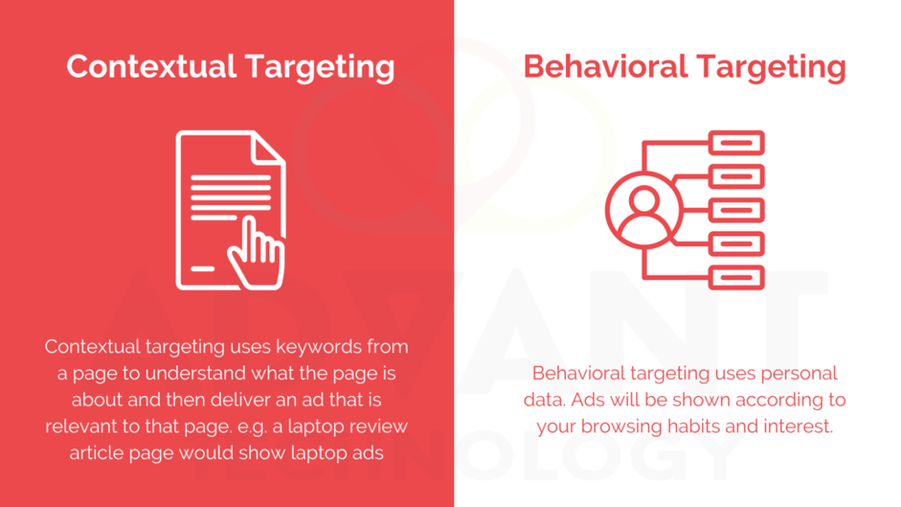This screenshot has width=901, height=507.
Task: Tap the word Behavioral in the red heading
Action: click(x=605, y=66)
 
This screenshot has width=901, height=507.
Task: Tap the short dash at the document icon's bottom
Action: click(x=202, y=268)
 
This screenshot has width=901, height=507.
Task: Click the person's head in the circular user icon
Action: click(x=644, y=200)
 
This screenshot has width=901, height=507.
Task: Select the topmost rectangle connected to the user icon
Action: click(x=737, y=143)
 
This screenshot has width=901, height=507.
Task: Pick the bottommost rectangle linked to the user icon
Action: click(x=737, y=277)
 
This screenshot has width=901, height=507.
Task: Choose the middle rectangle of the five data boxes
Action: click(x=737, y=210)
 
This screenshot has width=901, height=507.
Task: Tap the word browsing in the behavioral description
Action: click(x=620, y=426)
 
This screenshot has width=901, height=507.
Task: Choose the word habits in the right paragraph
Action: click(x=692, y=426)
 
